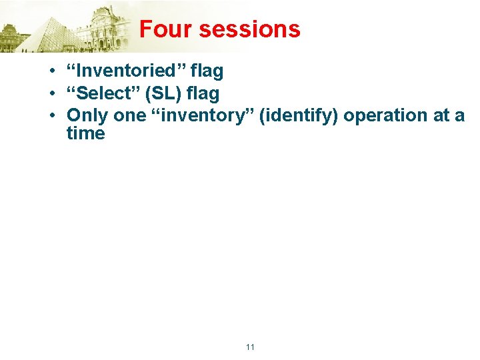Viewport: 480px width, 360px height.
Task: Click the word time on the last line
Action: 85,133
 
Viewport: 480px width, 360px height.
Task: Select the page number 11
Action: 250,347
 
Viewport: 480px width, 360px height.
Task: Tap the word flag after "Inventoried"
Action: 203,71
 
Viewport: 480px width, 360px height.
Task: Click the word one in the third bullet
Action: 129,116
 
